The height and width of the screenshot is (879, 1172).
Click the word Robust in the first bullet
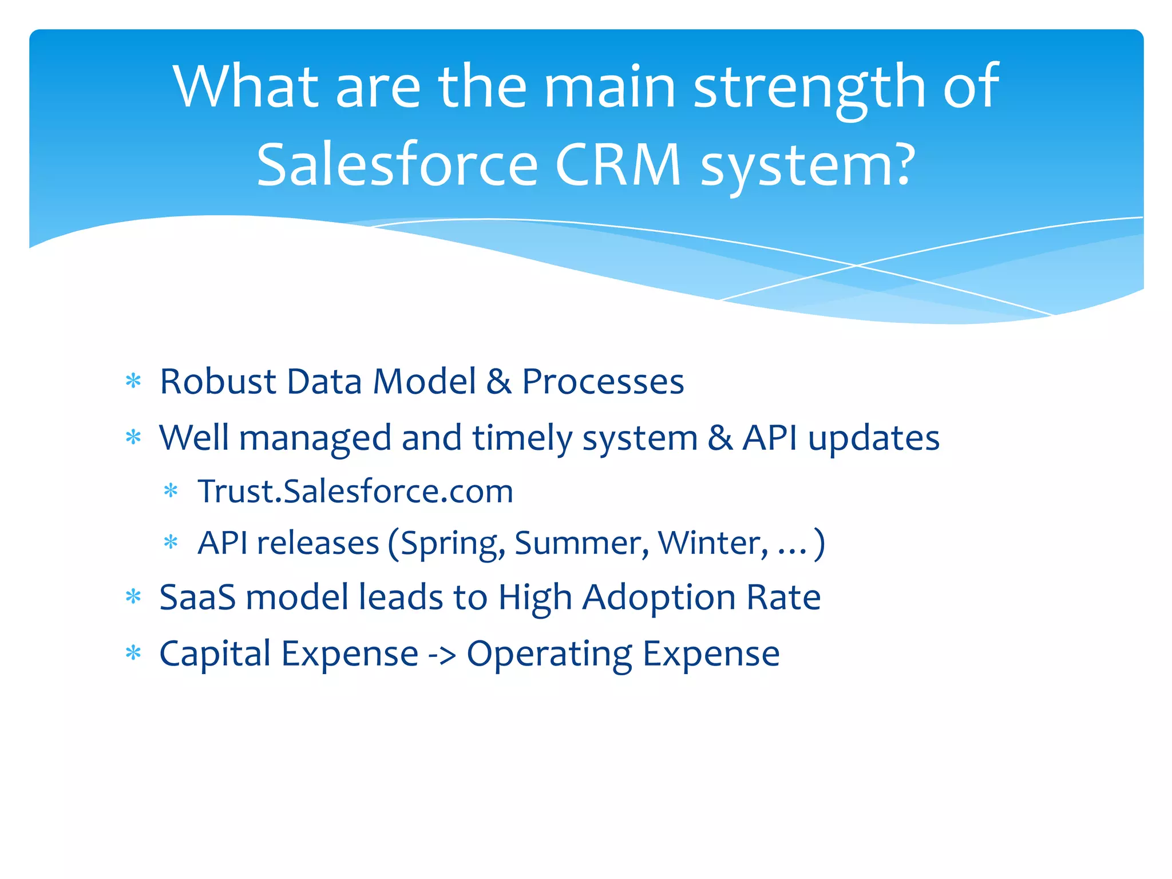pyautogui.click(x=217, y=381)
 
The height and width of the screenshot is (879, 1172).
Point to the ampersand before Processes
pyautogui.click(x=498, y=382)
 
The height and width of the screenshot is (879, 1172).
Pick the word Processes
pyautogui.click(x=603, y=382)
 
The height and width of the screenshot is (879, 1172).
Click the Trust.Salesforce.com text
pyautogui.click(x=355, y=491)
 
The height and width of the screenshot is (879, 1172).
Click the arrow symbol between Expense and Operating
pyautogui.click(x=442, y=655)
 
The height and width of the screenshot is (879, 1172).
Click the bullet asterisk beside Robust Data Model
pyautogui.click(x=133, y=381)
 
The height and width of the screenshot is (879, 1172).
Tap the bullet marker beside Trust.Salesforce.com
pyautogui.click(x=171, y=491)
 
